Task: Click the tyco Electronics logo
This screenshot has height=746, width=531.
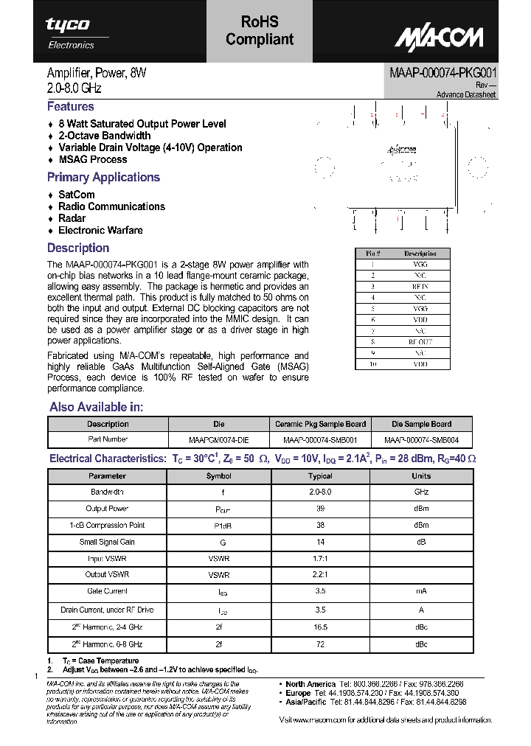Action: coord(70,33)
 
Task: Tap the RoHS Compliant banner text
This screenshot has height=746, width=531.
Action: coord(260,31)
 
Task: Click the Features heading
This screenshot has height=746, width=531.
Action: coord(71,107)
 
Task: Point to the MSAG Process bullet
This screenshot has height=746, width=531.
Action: coord(92,159)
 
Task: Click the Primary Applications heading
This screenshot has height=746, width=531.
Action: coord(103,177)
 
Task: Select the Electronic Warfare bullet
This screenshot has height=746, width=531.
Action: coord(100,230)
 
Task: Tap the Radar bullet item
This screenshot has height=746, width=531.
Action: coord(72,218)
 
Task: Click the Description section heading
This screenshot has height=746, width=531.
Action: coord(78,248)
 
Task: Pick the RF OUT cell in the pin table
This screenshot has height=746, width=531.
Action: coord(420,342)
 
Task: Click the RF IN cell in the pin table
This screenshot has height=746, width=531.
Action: coord(420,285)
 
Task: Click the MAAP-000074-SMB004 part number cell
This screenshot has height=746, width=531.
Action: coord(421,440)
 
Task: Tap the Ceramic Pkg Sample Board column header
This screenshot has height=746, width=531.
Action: coord(320,424)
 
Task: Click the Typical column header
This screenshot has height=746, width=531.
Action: coord(320,476)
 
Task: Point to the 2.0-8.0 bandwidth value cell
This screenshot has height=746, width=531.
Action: coord(320,492)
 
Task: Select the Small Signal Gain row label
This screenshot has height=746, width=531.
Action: coord(108,542)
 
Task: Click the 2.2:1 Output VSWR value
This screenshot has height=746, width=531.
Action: coord(320,575)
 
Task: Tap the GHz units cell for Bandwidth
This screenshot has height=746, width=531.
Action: coord(421,492)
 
